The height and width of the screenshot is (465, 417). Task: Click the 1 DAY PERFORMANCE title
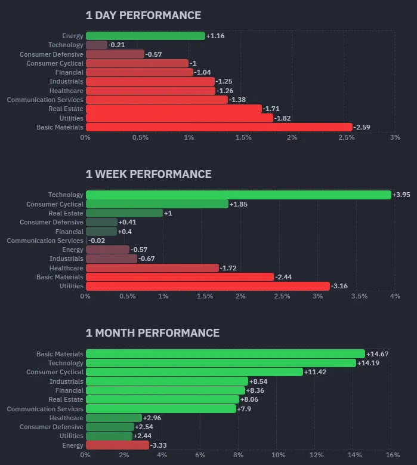click(143, 16)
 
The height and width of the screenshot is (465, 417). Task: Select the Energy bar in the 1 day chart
click(145, 36)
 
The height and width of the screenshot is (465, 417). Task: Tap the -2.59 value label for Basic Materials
click(362, 127)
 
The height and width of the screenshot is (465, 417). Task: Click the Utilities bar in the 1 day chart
click(179, 118)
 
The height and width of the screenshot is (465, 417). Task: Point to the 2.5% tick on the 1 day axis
click(346, 138)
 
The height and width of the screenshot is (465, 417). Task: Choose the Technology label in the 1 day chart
click(66, 45)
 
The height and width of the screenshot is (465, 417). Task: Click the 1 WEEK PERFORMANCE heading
click(149, 174)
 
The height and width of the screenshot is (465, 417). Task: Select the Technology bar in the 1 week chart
click(238, 195)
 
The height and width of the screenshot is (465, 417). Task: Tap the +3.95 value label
click(400, 195)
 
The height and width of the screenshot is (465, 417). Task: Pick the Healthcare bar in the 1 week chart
click(152, 268)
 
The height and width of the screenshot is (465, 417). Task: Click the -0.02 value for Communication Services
click(97, 241)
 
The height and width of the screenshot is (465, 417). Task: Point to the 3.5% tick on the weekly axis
click(359, 297)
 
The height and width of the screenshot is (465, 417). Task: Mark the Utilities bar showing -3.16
click(208, 287)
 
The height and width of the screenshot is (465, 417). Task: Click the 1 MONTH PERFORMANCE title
click(153, 333)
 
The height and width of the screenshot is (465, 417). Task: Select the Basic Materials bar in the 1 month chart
click(225, 354)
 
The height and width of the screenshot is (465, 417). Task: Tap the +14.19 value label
click(368, 363)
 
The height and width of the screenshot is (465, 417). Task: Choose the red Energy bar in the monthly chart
click(117, 445)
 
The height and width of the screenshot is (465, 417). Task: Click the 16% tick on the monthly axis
click(392, 455)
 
